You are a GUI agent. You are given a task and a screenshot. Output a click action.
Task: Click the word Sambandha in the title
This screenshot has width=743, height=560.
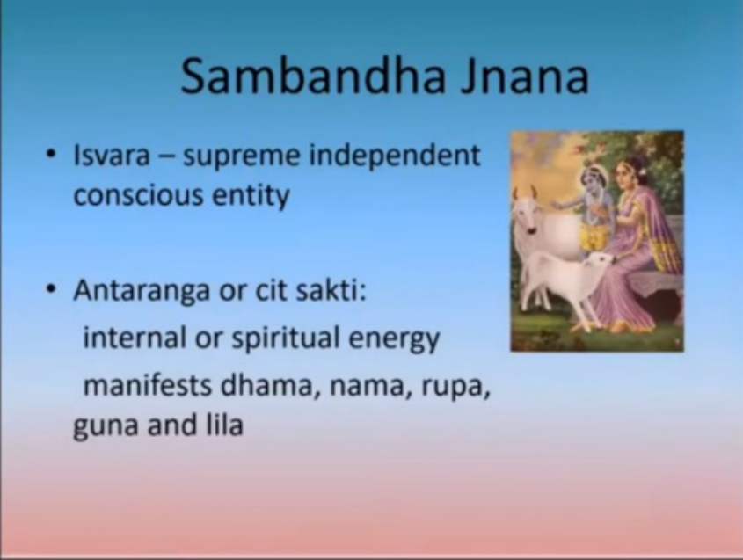tap(313, 76)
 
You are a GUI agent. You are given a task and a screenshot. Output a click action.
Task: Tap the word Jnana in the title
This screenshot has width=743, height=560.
tap(525, 76)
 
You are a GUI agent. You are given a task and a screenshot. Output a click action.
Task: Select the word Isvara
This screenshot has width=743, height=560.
tap(112, 155)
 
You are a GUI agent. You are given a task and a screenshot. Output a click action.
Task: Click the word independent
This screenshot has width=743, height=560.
tap(395, 156)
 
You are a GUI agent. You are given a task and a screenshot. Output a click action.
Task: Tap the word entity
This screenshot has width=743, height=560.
tap(251, 196)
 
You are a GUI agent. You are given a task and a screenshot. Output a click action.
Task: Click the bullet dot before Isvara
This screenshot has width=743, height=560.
tap(51, 154)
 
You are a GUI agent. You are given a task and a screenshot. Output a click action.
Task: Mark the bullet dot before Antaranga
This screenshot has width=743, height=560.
tap(51, 288)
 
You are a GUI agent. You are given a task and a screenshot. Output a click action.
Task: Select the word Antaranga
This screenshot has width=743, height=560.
tap(142, 291)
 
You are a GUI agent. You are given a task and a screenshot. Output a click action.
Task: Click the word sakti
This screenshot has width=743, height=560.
tap(331, 290)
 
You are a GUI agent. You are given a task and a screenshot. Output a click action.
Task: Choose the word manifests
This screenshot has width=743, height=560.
tap(148, 385)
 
